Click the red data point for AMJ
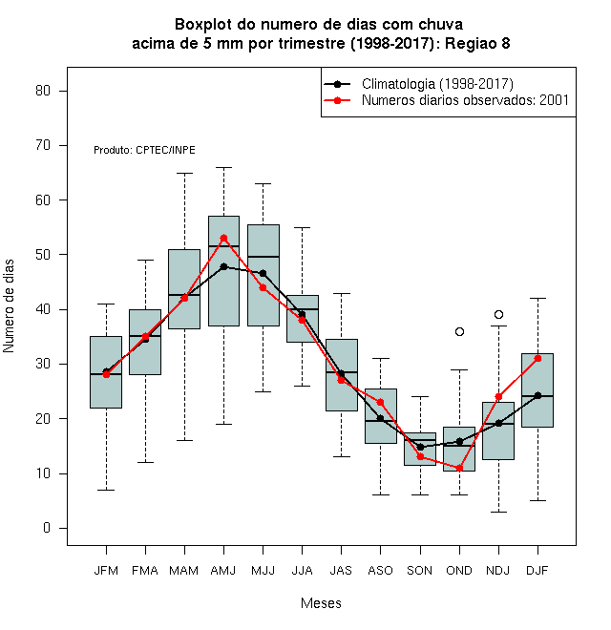224,239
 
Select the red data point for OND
459,468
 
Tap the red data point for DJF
537,358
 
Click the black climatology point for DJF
537,396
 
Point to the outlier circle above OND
459,331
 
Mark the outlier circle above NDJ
499,314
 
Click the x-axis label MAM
184,571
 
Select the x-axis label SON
420,571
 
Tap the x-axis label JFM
106,571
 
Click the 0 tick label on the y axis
47,528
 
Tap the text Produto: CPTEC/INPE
144,150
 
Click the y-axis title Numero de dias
9,306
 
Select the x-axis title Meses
321,603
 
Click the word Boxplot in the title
203,25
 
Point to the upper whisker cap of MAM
184,173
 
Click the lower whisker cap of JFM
106,491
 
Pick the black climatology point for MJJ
263,274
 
